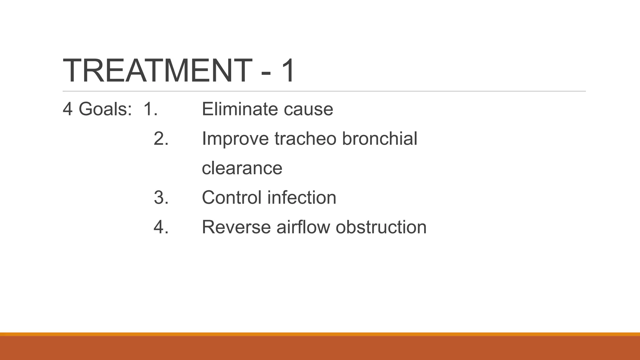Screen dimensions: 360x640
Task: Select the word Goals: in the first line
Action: point(105,109)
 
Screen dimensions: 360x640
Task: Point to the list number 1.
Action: point(150,109)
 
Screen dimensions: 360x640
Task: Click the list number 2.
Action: point(161,138)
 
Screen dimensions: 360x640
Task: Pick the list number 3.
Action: point(161,197)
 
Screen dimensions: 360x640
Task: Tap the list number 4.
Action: point(161,227)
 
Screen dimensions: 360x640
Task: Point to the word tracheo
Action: point(305,138)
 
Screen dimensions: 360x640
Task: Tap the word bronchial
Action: point(380,138)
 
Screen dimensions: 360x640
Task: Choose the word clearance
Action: point(242,168)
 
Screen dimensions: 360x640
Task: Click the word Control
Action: point(232,197)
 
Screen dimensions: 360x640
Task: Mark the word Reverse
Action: point(236,227)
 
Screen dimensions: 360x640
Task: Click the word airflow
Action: point(303,227)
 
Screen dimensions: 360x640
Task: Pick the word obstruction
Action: point(381,227)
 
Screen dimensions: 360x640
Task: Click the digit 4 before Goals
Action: point(67,109)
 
